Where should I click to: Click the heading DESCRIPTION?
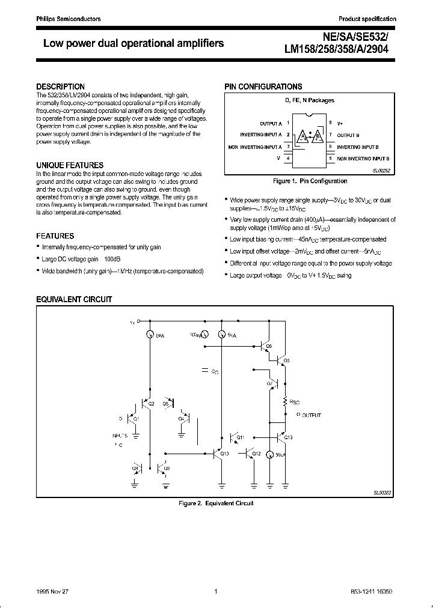coord(60,87)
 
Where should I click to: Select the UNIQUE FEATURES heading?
coord(70,165)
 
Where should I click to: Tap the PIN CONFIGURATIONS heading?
coord(263,87)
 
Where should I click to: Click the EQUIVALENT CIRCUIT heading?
coord(74,299)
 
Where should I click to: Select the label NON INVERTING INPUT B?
coord(363,157)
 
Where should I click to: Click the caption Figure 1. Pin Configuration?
coord(309,181)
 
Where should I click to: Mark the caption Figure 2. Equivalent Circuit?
coord(216,503)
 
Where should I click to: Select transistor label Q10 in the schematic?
coord(224,453)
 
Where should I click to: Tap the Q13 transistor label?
coord(287,437)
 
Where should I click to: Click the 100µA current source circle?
coord(204,334)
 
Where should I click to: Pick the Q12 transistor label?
coord(256,453)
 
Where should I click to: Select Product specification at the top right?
coord(367,19)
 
